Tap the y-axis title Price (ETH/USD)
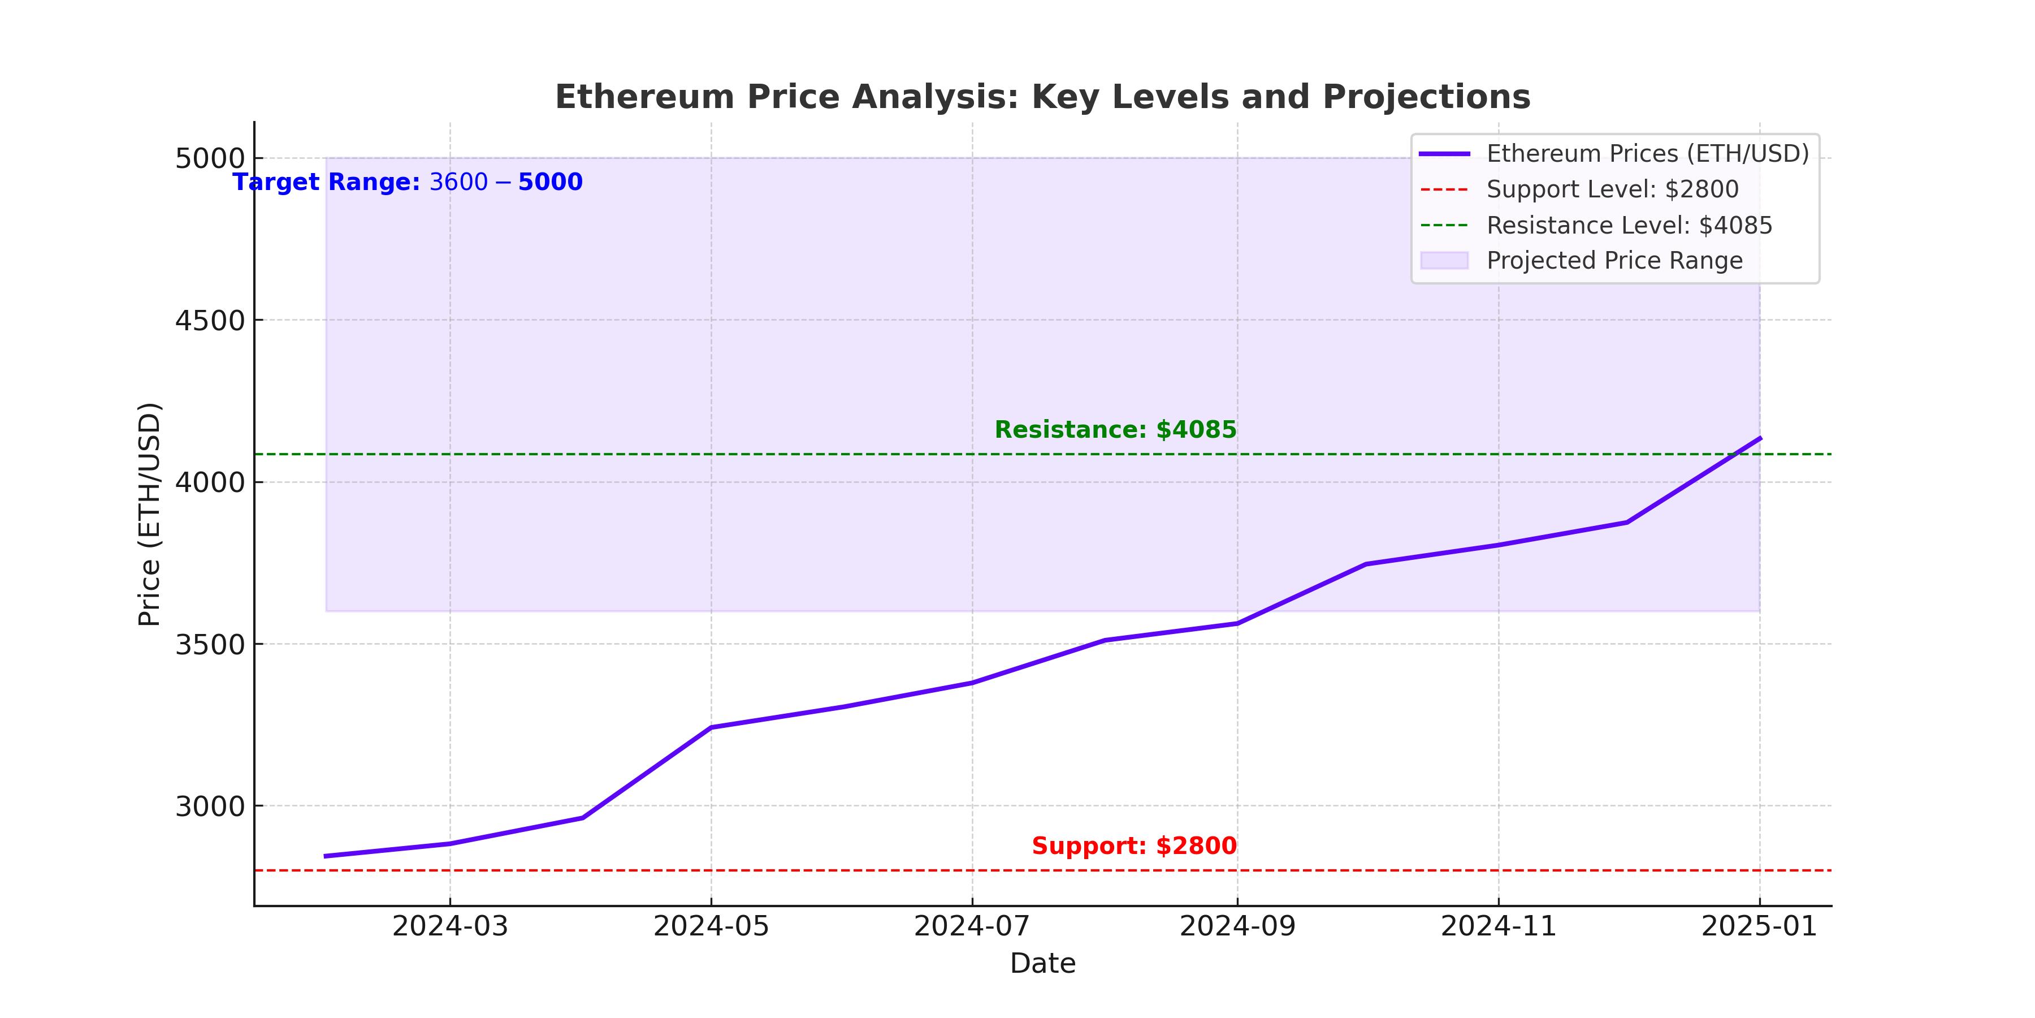(149, 515)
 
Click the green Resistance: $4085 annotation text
(1115, 430)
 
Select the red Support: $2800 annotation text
(1133, 847)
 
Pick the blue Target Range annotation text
(408, 183)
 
